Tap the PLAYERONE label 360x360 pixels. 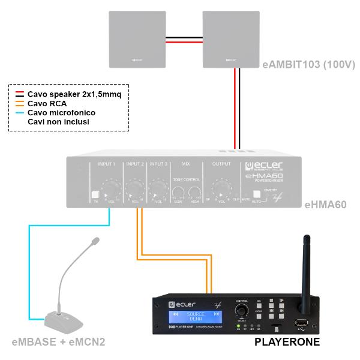point(287,343)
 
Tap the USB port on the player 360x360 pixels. point(301,324)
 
